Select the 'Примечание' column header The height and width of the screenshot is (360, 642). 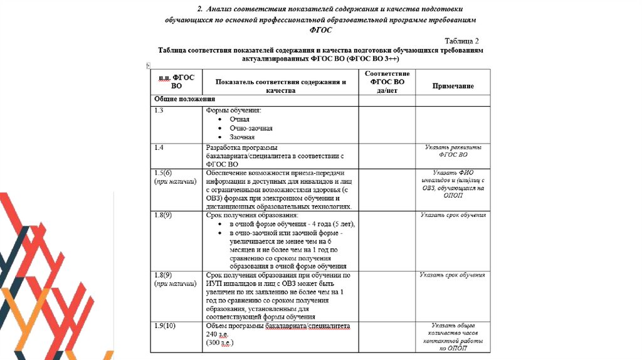coord(453,86)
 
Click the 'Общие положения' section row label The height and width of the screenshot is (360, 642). coord(185,99)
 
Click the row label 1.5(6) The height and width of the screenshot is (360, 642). coord(163,172)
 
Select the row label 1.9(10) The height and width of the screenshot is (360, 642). coord(166,326)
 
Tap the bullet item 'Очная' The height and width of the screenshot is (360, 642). coord(239,119)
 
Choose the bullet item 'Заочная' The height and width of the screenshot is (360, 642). coord(242,137)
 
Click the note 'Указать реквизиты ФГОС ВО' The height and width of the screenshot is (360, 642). coord(453,151)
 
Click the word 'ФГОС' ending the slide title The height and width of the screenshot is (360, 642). coord(320,29)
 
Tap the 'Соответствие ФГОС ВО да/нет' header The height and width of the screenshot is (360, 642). coord(387,82)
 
